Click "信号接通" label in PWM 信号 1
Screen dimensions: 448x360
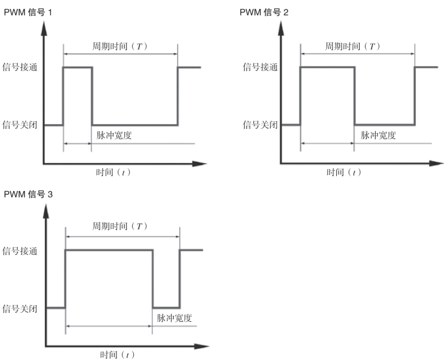(20, 67)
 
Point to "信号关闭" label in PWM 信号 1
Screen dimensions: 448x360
(20, 125)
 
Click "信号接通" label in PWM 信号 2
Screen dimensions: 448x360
(260, 67)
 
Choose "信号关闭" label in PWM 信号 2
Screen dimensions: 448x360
(260, 125)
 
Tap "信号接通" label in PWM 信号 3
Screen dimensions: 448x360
(20, 251)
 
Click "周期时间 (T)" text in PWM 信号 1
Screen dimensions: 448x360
(119, 47)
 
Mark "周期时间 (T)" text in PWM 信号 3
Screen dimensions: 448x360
(120, 227)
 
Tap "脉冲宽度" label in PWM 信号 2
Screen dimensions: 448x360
(378, 135)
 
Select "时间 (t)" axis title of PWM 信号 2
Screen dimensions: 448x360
(344, 173)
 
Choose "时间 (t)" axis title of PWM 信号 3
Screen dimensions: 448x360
(117, 355)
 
